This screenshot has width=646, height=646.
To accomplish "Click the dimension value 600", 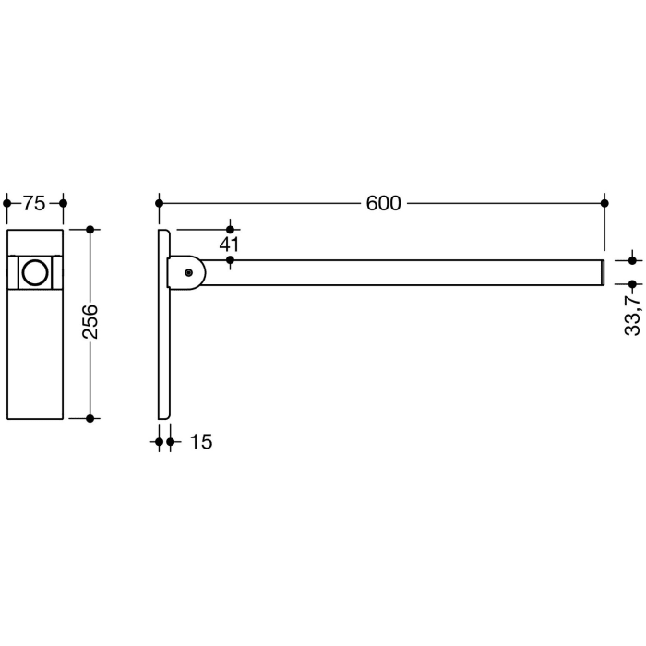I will [x=383, y=203].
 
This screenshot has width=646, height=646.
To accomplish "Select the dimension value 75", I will [x=34, y=203].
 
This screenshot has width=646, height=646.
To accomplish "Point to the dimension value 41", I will [x=230, y=245].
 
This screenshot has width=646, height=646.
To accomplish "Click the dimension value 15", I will [x=200, y=443].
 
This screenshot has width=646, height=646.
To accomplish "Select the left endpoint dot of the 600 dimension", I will [x=160, y=203].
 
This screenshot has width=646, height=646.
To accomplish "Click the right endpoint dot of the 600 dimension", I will [x=604, y=203].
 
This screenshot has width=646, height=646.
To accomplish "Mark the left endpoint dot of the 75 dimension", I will [x=7, y=203].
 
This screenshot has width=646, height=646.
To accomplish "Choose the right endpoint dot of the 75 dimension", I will [x=63, y=203].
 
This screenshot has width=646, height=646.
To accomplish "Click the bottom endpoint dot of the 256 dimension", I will [x=90, y=418].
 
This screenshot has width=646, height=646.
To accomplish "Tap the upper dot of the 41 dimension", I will [x=230, y=227].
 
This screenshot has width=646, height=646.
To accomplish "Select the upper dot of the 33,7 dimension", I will [x=632, y=261].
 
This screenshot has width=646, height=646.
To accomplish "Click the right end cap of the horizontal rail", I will [x=603, y=273].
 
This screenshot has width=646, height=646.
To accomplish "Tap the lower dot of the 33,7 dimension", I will [x=632, y=285].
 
